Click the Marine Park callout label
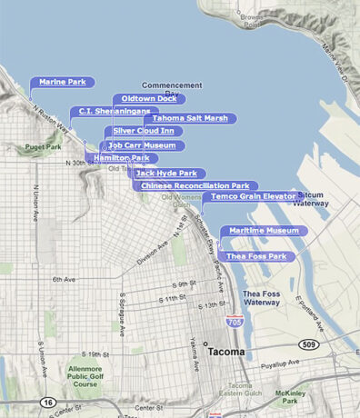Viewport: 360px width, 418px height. click(62, 83)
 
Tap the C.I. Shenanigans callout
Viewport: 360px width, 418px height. click(107, 112)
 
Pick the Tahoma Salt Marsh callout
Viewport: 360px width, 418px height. click(190, 118)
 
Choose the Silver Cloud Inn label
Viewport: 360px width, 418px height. click(144, 132)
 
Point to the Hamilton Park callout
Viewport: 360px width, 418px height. click(121, 158)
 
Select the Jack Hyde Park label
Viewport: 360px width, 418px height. click(166, 173)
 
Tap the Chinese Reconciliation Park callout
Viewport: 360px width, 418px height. click(195, 186)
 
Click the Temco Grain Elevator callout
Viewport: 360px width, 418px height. click(254, 196)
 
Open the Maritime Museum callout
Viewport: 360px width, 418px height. click(264, 231)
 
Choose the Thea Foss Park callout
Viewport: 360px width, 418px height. click(256, 257)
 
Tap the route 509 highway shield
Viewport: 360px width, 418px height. click(309, 344)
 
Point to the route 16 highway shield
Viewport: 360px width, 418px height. click(47, 402)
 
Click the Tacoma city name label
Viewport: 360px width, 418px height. click(227, 351)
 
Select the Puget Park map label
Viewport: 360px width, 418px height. click(43, 146)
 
